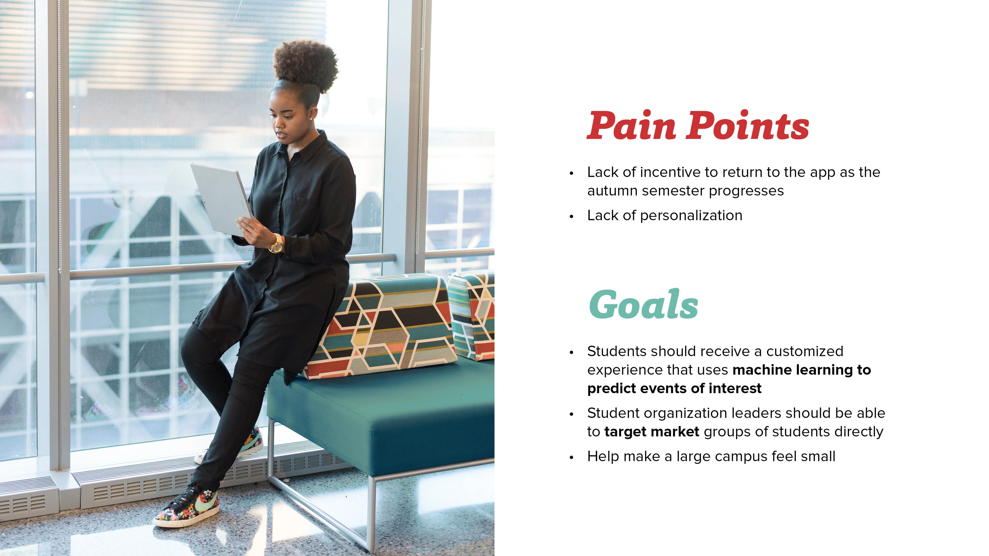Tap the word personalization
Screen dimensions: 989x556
click(x=691, y=216)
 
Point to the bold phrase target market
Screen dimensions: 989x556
click(x=652, y=432)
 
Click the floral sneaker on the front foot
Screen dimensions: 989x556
click(x=187, y=505)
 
